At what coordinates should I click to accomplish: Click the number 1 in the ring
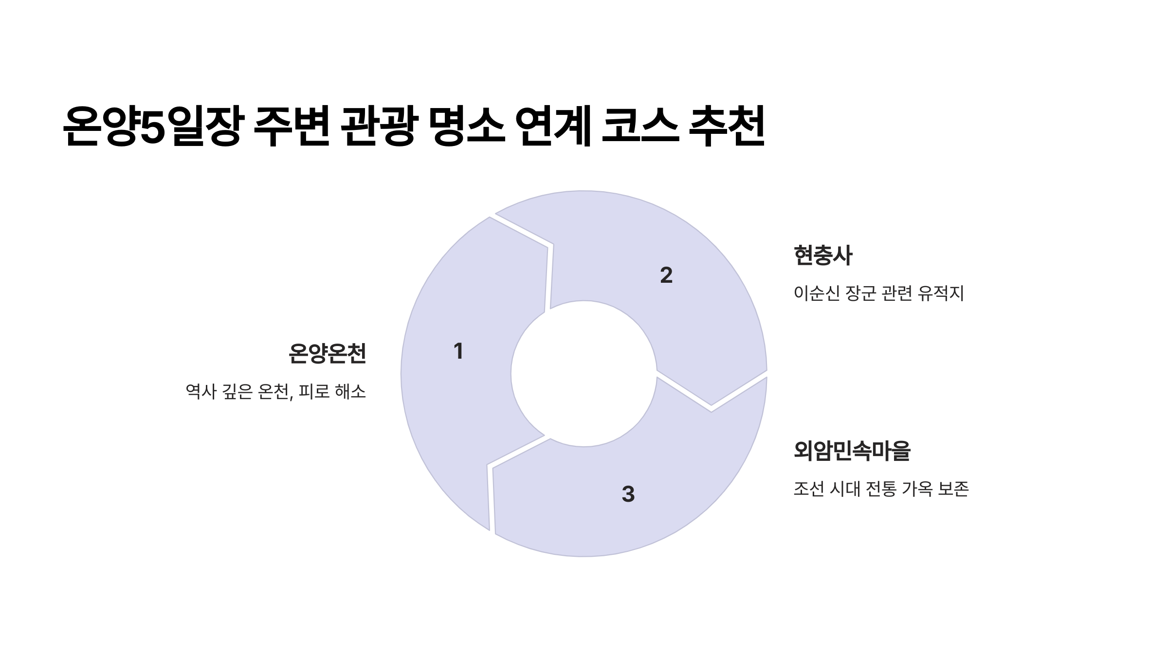coord(458,351)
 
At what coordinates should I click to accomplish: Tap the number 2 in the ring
coord(666,275)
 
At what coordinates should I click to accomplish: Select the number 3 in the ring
coord(628,494)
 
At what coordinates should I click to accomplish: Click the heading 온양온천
coord(327,354)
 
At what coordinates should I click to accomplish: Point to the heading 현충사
coord(822,256)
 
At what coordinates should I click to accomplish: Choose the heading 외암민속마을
coord(852,451)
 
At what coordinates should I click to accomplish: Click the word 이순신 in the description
coord(816,293)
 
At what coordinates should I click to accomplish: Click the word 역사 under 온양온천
coord(201,392)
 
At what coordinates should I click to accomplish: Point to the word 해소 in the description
coord(350,392)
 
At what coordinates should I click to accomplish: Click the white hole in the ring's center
coord(584,374)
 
